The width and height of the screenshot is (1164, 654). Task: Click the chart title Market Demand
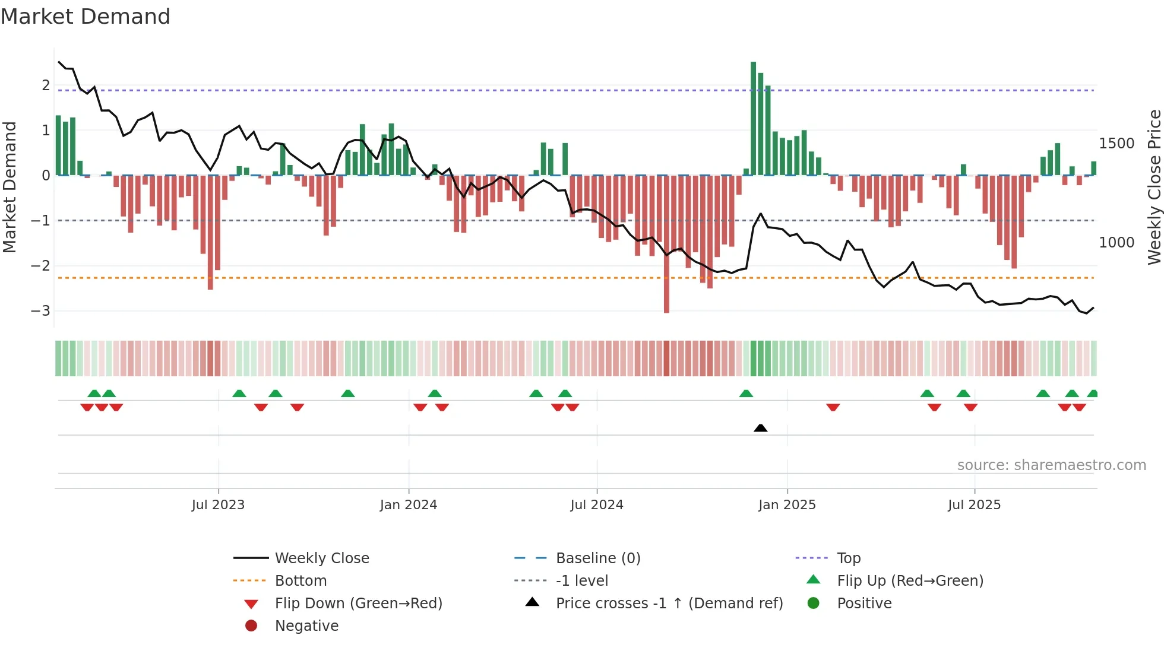[86, 17]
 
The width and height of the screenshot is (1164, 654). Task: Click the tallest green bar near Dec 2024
[753, 119]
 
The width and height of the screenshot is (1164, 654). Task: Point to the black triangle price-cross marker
[760, 428]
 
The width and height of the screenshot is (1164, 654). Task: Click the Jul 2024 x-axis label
[596, 505]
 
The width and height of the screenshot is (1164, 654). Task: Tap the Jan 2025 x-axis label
[787, 505]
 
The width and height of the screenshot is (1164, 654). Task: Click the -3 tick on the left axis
[41, 311]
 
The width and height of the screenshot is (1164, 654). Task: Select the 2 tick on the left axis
[46, 85]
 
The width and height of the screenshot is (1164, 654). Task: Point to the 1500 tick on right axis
[1116, 144]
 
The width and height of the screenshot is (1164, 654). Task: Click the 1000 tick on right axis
[1116, 243]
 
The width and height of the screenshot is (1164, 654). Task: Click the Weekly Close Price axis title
[1154, 187]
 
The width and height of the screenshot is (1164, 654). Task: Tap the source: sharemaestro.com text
[1051, 465]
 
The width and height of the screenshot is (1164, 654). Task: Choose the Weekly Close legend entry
[321, 558]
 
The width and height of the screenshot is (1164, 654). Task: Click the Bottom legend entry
[301, 581]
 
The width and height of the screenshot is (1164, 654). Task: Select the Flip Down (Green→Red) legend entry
[358, 604]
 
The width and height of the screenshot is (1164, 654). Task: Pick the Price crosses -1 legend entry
[669, 604]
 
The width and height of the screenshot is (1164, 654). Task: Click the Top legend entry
[848, 558]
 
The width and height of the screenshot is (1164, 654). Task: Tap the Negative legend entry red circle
[251, 626]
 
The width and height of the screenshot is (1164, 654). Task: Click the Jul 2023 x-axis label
[218, 505]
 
